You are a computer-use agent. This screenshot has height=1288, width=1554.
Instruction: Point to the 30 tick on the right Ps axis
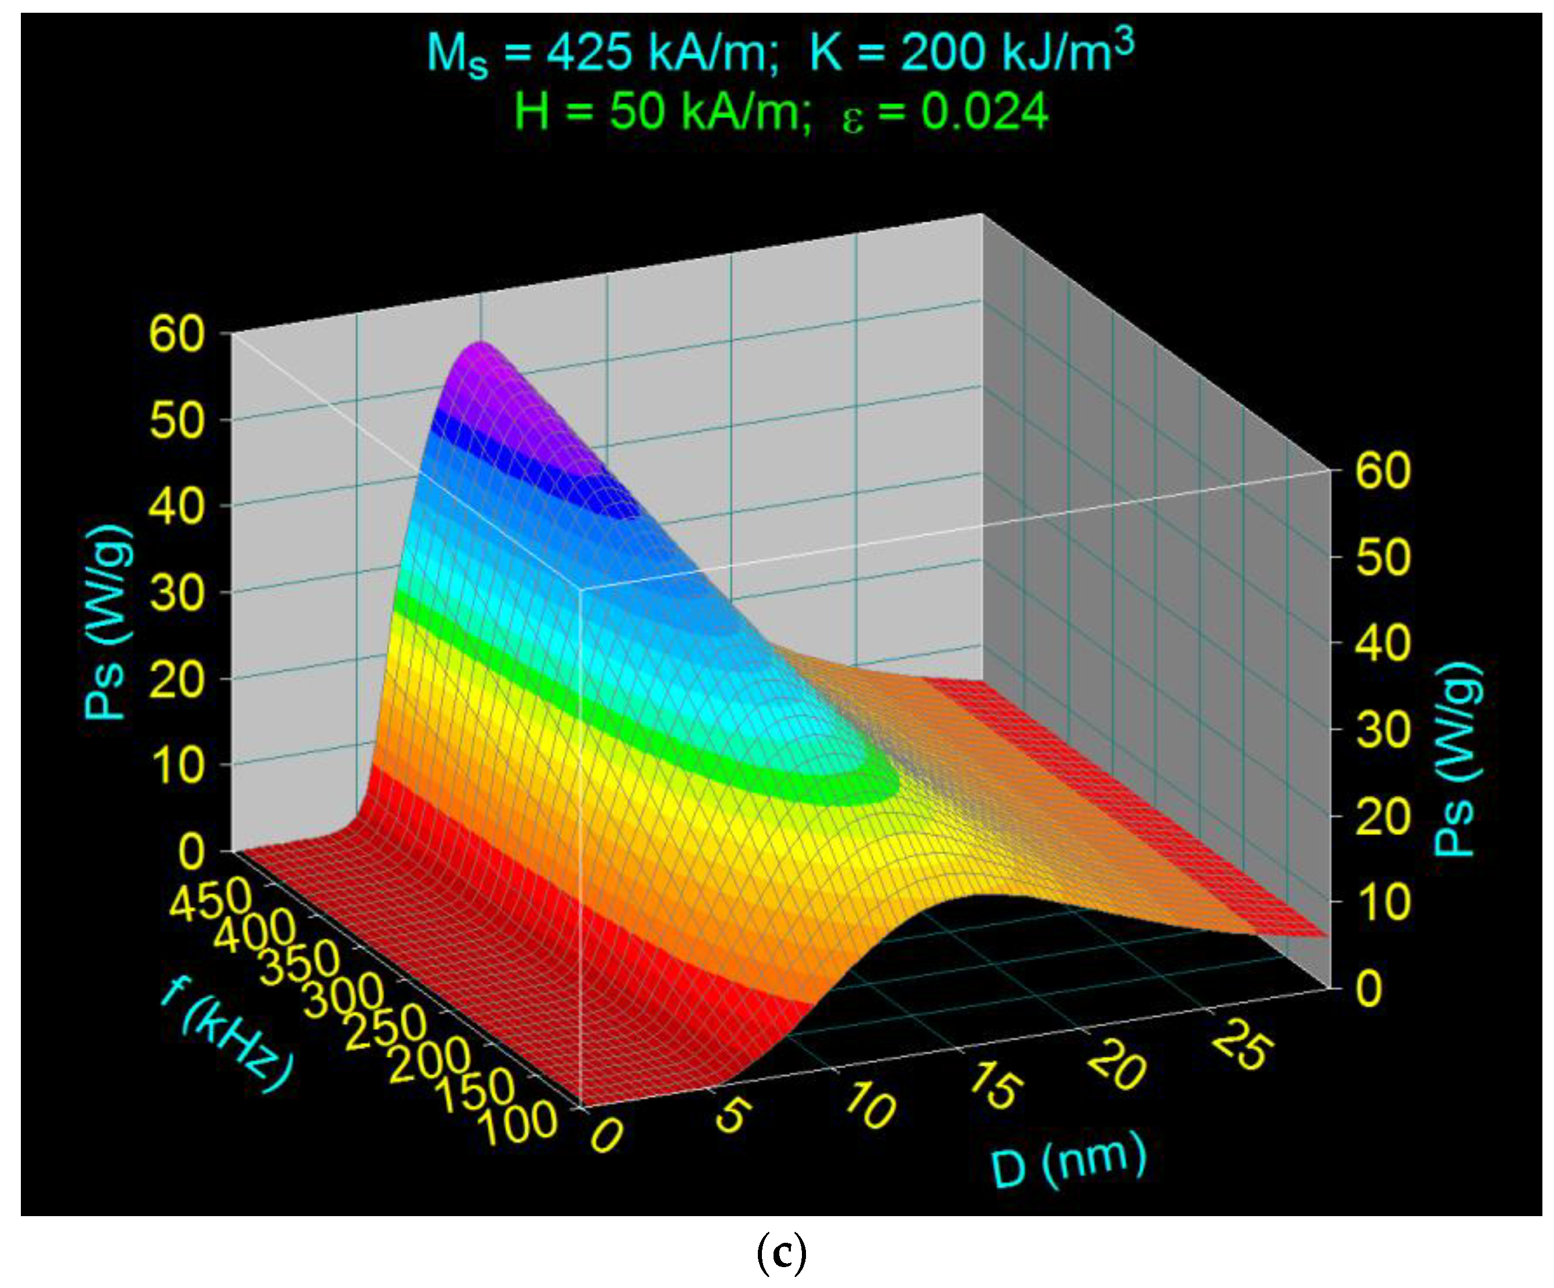[1383, 730]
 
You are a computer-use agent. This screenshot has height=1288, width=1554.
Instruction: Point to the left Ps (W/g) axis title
[108, 621]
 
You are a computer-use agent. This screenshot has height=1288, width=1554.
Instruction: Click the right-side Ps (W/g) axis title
[1458, 758]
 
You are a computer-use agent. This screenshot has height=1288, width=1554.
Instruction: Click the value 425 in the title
[590, 53]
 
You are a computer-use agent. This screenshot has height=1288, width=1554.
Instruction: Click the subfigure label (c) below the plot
[782, 1251]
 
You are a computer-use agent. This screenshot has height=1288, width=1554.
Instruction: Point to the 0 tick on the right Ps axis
[1369, 988]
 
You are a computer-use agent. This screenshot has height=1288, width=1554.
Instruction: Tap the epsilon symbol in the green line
[852, 118]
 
